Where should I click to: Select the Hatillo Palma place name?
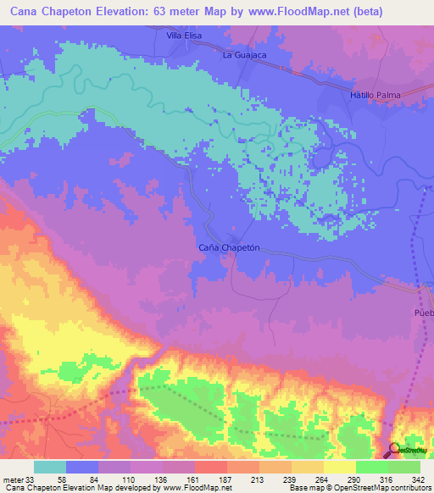tap(373, 95)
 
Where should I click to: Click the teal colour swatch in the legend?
tap(49, 468)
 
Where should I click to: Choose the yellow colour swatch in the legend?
tap(339, 468)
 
